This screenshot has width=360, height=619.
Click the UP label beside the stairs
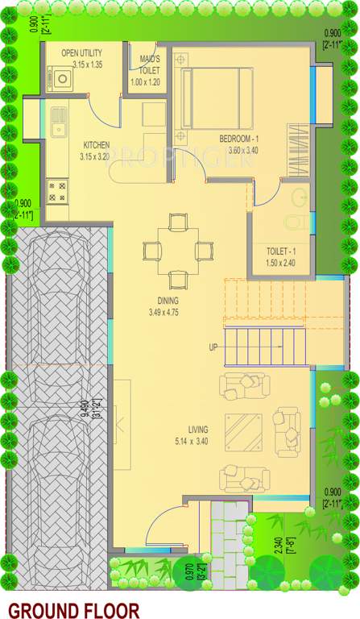click(213, 347)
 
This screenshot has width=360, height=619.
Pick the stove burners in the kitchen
click(56, 191)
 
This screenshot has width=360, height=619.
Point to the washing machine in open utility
click(62, 79)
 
